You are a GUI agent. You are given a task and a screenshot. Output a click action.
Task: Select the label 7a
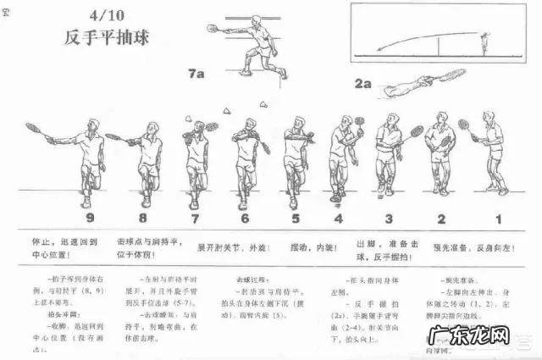coord(196,75)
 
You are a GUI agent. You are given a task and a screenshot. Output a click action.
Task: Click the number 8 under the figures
coord(144,218)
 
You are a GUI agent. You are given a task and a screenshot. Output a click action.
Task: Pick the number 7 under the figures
coord(196,218)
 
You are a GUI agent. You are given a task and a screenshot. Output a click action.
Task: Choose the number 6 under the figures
coord(245,218)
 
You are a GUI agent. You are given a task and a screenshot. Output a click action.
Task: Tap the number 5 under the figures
coord(296,218)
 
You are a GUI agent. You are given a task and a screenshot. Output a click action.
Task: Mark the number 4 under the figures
coord(338,218)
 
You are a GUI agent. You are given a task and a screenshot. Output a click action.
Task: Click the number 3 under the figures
coord(388,218)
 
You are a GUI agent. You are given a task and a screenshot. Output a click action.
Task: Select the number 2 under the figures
coord(440,218)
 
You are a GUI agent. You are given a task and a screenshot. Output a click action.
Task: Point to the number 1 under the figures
coord(497,218)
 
